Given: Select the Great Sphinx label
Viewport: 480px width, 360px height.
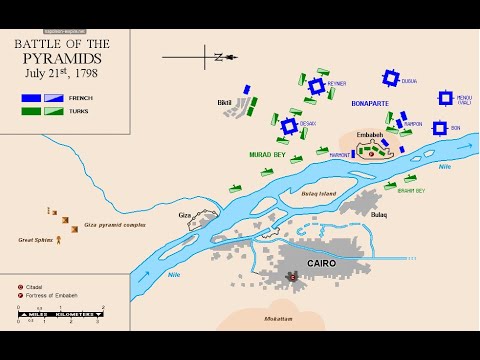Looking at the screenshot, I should coord(36,239).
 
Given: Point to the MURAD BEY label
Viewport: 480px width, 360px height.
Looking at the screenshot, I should coord(268,155).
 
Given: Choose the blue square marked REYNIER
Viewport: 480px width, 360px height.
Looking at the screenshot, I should coord(317,87).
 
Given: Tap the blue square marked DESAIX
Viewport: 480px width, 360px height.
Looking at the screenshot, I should coord(289,127).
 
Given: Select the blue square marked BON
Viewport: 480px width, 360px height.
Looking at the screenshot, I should coord(439,128).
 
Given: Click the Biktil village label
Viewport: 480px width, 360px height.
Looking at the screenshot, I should coord(224,102).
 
